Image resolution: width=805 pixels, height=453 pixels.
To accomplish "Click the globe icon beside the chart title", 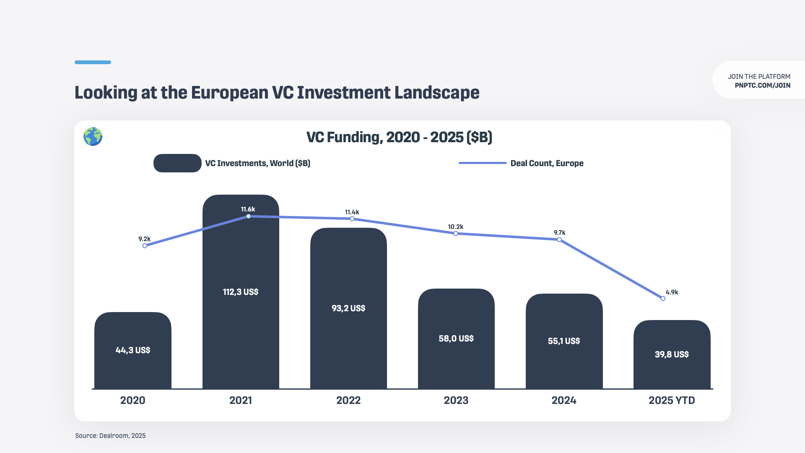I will point(93,137).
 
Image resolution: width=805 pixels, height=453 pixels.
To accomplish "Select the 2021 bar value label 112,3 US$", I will point(240,292).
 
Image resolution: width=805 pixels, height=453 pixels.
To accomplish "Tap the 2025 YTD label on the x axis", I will point(672,401).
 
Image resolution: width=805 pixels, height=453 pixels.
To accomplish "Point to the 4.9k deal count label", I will point(672,292).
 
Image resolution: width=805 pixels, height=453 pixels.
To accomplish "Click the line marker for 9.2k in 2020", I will point(145,246).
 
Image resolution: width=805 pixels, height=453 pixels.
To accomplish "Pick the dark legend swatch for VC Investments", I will point(177,163).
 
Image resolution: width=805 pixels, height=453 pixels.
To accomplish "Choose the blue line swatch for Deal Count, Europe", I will point(483,163).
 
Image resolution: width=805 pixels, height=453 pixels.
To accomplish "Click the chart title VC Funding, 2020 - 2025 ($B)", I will point(399,137).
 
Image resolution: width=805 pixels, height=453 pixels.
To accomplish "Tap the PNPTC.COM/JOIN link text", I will point(762,86).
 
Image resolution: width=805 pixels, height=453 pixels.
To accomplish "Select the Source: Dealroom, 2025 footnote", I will point(110,436).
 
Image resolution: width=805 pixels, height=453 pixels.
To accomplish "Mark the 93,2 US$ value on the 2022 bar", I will point(348,308).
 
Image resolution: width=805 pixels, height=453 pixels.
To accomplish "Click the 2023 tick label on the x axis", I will point(456,401).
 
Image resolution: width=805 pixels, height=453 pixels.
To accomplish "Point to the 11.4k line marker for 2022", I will point(352,219).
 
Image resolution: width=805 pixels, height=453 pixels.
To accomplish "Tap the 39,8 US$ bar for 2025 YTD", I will point(672,354).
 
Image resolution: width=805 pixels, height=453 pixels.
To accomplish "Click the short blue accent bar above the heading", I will point(93,62).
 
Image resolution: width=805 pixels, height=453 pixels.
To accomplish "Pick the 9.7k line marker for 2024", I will point(559,240).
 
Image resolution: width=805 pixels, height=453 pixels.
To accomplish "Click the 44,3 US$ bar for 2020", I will point(133,350).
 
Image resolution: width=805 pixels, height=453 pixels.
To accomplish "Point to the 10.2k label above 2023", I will point(455,227).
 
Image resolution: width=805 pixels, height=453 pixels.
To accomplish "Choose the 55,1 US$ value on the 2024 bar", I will point(564,341).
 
